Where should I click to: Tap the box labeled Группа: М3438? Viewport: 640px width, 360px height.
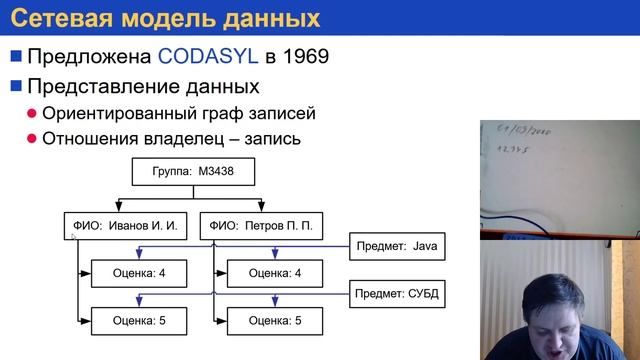(193, 171)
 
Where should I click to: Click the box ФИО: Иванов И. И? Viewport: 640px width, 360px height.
(124, 226)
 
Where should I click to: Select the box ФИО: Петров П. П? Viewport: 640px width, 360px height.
(260, 226)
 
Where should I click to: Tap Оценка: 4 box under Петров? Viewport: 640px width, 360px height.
(275, 272)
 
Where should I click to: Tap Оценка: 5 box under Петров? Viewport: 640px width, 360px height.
(275, 321)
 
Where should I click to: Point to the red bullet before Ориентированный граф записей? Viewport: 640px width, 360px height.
(33, 113)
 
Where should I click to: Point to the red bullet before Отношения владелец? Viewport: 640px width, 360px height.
(33, 139)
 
